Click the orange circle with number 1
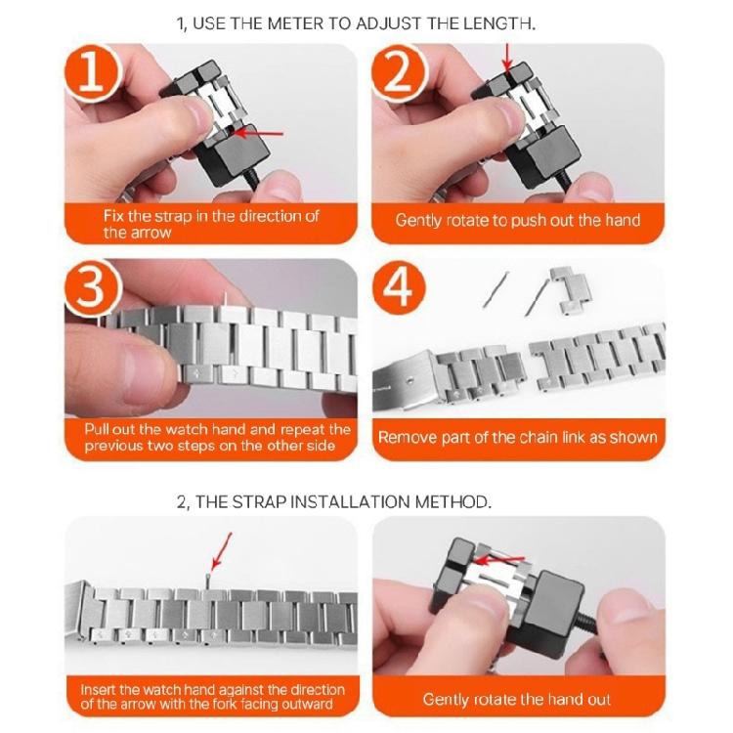(x=92, y=72)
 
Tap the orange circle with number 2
(x=399, y=72)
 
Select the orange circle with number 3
(x=92, y=287)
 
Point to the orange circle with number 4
(x=399, y=287)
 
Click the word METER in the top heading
(x=296, y=23)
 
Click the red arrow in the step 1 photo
(x=258, y=133)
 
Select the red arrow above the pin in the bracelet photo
(x=221, y=551)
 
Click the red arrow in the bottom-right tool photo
(x=500, y=560)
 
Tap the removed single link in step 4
(x=570, y=290)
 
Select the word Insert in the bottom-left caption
(x=97, y=690)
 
